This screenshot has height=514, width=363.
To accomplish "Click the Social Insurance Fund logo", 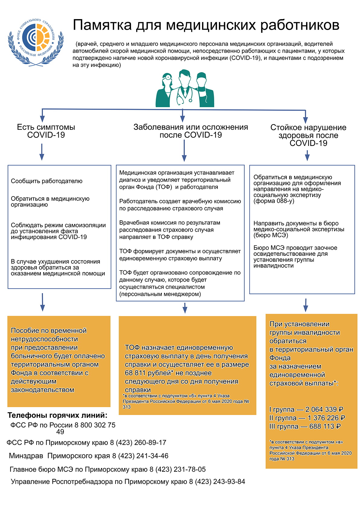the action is [x=36, y=42].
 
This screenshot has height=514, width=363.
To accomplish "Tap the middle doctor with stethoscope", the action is [x=185, y=88].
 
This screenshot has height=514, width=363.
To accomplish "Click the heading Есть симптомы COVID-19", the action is [x=46, y=131].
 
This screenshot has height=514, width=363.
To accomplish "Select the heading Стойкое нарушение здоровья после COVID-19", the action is [x=308, y=135].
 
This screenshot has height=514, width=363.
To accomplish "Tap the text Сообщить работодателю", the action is [x=47, y=181].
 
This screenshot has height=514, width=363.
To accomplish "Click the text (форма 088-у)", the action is [x=273, y=201].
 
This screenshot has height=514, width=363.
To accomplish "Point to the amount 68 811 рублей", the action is [x=148, y=373].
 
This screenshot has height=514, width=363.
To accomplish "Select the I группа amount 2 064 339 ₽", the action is [x=324, y=409].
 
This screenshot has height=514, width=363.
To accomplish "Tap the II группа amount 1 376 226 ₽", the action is [x=326, y=418].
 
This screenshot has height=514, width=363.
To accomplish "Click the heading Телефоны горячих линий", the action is [x=57, y=415].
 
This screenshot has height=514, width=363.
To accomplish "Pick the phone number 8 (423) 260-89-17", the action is [x=138, y=442].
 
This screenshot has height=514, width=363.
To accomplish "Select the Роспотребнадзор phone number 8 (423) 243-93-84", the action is [x=217, y=481].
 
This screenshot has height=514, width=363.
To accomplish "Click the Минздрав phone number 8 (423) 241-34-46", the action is [x=140, y=456].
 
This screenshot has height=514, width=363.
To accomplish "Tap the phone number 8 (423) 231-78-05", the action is [x=178, y=469].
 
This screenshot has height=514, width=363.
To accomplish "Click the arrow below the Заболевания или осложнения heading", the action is [x=184, y=150].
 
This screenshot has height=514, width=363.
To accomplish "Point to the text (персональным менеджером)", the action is [x=160, y=294].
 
